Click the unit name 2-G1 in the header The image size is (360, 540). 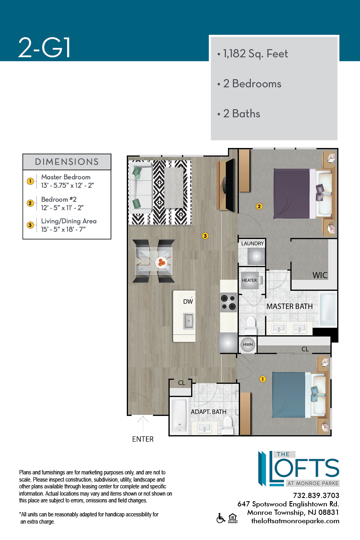click(44, 48)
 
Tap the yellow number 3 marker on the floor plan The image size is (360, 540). click(205, 236)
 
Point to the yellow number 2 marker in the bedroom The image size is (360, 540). click(259, 206)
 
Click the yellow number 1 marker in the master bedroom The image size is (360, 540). click(262, 379)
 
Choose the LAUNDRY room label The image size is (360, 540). click(252, 244)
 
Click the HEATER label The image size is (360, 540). click(249, 280)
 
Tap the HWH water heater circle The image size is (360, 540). click(248, 345)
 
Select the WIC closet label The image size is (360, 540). click(320, 275)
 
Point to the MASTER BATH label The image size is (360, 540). click(289, 306)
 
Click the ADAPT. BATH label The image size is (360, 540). click(208, 412)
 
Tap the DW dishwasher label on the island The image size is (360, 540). click(188, 301)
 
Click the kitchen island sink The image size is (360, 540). click(188, 321)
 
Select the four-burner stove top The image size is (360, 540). click(228, 302)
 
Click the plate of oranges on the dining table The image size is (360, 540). click(161, 262)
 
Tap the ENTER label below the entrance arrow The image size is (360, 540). click(143, 439)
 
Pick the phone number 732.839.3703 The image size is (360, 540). click(316, 496)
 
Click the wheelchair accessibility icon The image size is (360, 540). click(221, 518)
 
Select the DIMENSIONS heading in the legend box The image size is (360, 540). click(67, 162)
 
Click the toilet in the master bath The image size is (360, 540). click(251, 325)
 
